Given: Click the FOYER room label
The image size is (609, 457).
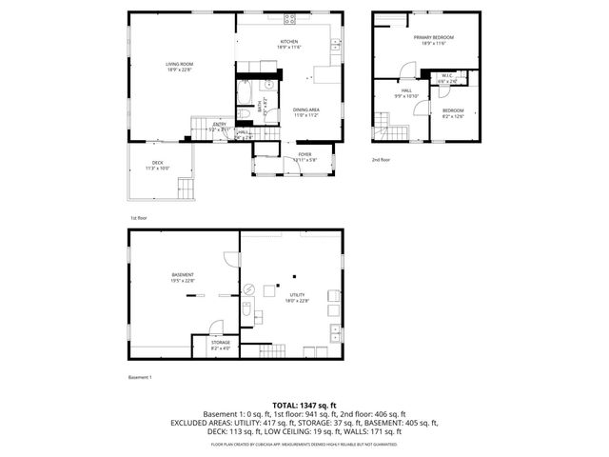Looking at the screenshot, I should click(304, 154).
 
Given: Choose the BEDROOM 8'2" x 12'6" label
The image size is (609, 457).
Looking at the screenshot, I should click(452, 112).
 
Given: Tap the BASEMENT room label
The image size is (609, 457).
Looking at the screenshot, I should click(183, 277).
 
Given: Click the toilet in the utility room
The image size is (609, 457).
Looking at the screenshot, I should click(246, 309).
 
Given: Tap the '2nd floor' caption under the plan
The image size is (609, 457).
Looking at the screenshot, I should click(381, 159).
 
